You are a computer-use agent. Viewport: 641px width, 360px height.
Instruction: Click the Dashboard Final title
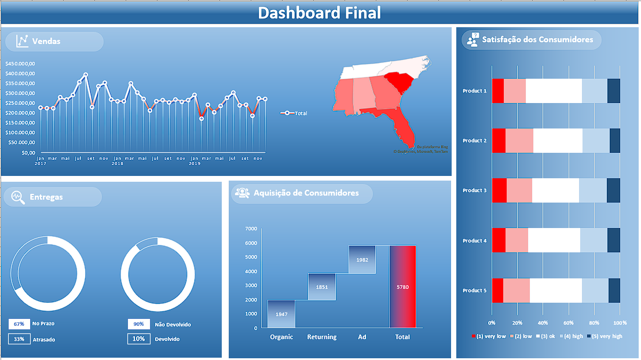(x=320, y=13)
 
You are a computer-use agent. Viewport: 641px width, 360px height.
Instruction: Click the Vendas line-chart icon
(x=22, y=41)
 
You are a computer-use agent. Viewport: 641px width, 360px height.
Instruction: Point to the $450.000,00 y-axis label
(x=20, y=64)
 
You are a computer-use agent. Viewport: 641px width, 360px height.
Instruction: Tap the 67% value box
(x=19, y=324)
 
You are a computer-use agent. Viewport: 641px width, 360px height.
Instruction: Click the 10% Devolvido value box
(x=138, y=339)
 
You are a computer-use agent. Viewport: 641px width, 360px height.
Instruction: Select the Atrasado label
(x=44, y=340)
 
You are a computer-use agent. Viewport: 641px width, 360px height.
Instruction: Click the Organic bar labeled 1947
(x=281, y=314)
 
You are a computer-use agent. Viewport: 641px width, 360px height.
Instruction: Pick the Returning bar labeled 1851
(x=321, y=286)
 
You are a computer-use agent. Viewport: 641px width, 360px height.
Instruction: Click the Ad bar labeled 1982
(x=362, y=259)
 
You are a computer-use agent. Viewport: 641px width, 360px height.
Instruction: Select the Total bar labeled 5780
(x=402, y=286)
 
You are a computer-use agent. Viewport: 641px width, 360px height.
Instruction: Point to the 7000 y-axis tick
(x=251, y=229)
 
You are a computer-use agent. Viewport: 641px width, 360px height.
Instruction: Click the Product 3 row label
(x=474, y=190)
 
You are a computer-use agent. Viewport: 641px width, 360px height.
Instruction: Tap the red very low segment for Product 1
(x=497, y=91)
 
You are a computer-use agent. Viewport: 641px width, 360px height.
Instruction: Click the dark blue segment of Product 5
(x=614, y=291)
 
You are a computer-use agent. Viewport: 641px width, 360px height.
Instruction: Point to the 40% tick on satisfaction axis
(x=543, y=322)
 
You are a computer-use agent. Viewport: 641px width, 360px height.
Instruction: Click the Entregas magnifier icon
(x=19, y=197)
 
